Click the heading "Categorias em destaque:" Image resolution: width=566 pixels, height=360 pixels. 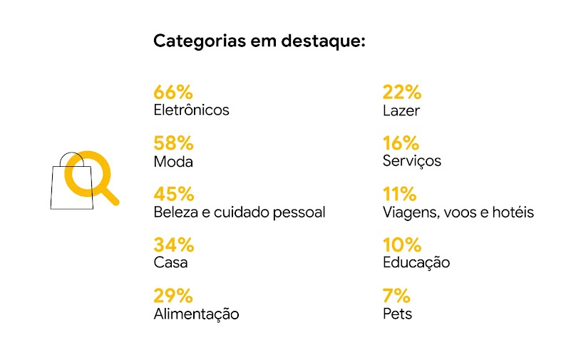[259, 41]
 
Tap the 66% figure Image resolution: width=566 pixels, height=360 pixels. [173, 92]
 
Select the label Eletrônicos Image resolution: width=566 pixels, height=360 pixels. [191, 110]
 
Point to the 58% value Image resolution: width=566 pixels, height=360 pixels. [174, 143]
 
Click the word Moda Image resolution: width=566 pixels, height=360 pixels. [173, 162]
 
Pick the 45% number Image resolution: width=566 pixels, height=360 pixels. [174, 194]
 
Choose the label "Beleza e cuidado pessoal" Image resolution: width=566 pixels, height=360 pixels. [240, 212]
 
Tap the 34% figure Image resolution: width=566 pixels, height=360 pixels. [174, 245]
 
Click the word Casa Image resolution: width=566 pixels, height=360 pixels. [171, 263]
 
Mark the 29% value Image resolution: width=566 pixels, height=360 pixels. [173, 295]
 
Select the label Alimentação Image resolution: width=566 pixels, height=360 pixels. [196, 314]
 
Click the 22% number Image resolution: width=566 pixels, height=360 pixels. [402, 92]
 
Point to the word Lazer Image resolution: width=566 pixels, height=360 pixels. [401, 110]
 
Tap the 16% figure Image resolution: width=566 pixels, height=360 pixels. [401, 143]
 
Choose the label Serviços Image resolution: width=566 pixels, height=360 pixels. [412, 161]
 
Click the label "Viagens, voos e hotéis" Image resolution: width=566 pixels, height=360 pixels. [458, 212]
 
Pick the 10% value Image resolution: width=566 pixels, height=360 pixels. [402, 245]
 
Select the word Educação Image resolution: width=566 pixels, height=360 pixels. [416, 263]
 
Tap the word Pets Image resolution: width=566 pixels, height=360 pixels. [397, 314]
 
